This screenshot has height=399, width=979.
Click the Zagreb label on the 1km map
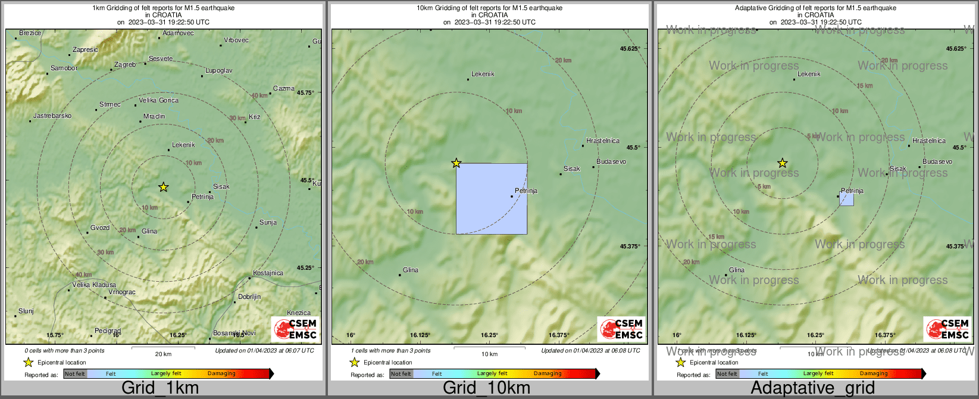[125, 64]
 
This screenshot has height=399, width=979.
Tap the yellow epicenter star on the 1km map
[164, 187]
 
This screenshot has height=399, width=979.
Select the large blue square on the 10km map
[492, 199]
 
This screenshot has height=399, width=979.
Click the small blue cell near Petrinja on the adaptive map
[846, 199]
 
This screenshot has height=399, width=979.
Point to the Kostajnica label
[268, 273]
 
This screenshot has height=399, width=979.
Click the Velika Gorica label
[158, 100]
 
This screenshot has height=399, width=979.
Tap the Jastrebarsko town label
[52, 116]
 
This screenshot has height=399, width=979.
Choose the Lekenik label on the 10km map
[483, 74]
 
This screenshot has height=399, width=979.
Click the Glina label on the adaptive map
[737, 270]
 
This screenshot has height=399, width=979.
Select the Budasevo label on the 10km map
[611, 161]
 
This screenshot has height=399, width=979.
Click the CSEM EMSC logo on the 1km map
[295, 329]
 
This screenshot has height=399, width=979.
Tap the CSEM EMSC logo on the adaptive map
[947, 329]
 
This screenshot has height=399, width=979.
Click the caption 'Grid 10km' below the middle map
[486, 388]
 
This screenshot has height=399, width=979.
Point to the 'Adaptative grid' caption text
[812, 388]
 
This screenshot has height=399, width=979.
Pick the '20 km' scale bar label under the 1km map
[163, 354]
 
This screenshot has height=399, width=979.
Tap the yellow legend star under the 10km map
[355, 362]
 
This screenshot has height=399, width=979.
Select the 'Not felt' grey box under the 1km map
[75, 374]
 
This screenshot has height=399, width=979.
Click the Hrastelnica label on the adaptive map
[928, 141]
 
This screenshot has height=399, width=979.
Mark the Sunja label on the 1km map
[268, 223]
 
